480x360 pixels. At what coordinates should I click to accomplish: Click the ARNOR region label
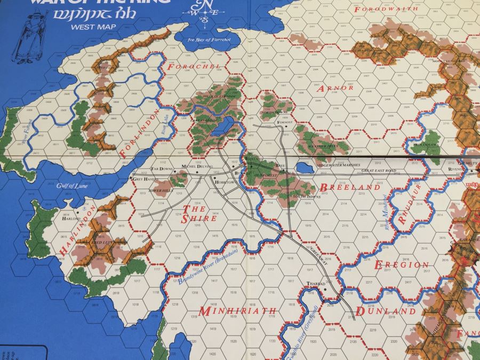pos(335,88)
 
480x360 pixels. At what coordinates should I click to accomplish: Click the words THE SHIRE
pos(199,214)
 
